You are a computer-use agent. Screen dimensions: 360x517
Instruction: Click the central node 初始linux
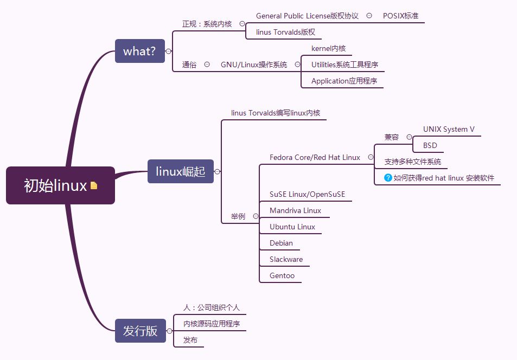(56, 185)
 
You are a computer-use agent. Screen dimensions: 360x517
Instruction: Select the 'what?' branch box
(139, 52)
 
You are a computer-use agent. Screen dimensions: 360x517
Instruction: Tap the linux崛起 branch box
(180, 171)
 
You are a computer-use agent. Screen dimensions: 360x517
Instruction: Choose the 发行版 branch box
(140, 331)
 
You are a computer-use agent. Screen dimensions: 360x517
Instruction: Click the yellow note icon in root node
(94, 185)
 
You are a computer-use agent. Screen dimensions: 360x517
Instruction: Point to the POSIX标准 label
(400, 16)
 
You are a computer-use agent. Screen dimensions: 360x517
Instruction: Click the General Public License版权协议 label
(307, 16)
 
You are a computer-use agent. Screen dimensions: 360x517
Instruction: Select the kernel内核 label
(328, 48)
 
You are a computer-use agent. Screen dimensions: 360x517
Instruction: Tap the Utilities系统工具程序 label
(344, 65)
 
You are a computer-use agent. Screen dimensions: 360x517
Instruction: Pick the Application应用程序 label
(344, 81)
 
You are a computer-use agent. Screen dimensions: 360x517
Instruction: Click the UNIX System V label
(449, 129)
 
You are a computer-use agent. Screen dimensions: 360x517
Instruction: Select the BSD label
(430, 145)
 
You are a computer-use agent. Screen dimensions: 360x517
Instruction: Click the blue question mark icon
(388, 177)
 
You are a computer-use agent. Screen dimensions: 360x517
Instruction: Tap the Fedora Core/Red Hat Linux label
(315, 157)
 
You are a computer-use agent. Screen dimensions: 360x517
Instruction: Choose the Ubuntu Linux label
(292, 227)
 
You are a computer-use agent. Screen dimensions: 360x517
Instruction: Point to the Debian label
(281, 243)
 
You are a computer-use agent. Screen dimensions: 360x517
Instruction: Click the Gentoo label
(282, 275)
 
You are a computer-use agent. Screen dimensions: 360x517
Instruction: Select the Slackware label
(286, 259)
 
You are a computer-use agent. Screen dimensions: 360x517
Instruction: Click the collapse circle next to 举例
(256, 216)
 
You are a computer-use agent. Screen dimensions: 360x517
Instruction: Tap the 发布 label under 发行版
(190, 340)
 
